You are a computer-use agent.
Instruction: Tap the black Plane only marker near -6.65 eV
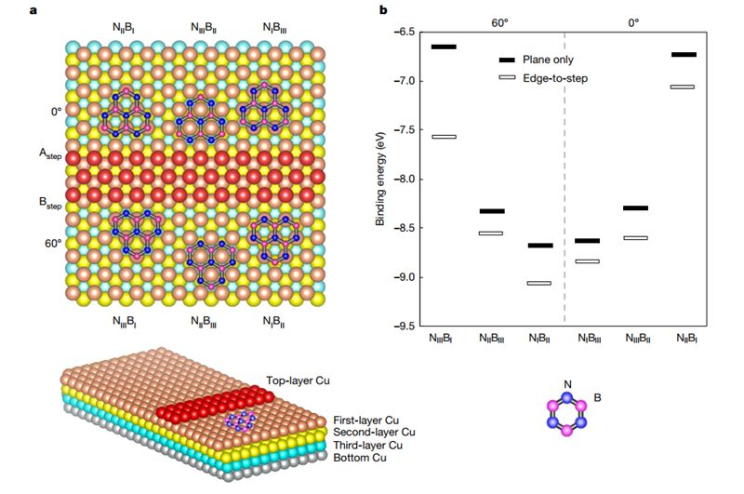point(445,47)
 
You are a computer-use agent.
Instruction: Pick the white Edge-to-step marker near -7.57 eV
point(445,137)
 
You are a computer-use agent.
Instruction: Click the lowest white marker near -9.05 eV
point(539,283)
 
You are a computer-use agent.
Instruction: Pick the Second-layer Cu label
point(371,432)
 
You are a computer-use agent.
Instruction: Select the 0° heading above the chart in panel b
point(633,19)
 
